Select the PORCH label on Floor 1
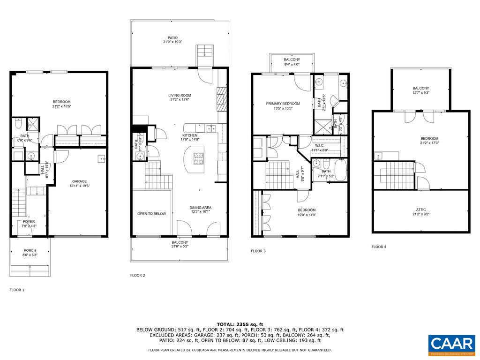[x=30, y=250]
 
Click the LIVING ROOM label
[x=180, y=96]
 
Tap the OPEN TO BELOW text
[x=151, y=214]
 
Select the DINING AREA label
[x=200, y=208]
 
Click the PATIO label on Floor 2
[x=173, y=38]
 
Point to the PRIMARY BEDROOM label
[x=283, y=104]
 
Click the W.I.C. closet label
[x=320, y=145]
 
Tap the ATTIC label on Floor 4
[x=420, y=210]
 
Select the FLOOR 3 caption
[x=258, y=251]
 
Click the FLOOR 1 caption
[x=17, y=290]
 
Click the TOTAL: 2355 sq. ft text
[x=240, y=324]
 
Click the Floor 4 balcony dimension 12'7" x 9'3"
[x=420, y=93]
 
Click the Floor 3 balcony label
[x=292, y=60]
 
